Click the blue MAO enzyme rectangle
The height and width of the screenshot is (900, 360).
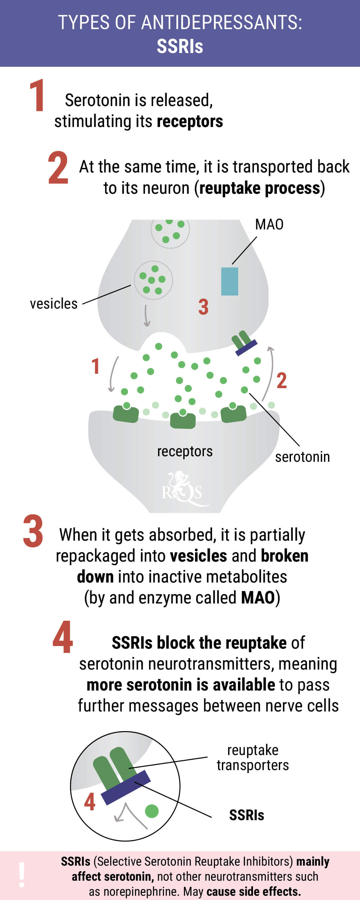pos(230,281)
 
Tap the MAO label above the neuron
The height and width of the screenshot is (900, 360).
pos(269,225)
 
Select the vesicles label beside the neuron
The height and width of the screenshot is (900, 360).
pos(53,304)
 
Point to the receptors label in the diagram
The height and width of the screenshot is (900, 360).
pos(185,451)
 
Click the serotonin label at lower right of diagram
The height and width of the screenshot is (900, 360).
pos(302,457)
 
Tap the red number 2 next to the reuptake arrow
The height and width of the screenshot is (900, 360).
pos(282,381)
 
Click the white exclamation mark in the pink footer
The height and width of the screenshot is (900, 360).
pos(22,875)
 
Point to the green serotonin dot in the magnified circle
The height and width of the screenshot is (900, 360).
pos(152,811)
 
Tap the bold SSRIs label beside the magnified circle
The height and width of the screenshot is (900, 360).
pos(247,815)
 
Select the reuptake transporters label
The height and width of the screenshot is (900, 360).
pos(253,757)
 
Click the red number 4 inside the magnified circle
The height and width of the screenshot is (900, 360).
pos(90,801)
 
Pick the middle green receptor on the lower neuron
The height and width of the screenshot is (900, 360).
pos(182,419)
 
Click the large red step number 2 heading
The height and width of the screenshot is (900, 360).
pos(58,168)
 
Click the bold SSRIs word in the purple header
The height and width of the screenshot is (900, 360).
pos(180,46)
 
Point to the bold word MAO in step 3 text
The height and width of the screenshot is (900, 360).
pos(258,598)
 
